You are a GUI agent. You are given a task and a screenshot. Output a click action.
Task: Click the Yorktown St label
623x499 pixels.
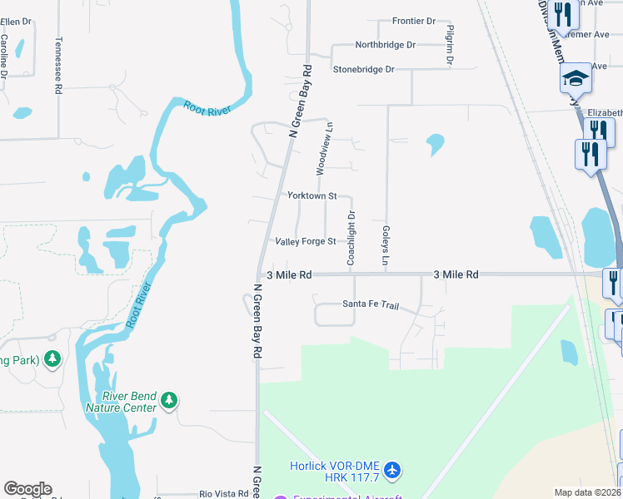pyautogui.click(x=311, y=196)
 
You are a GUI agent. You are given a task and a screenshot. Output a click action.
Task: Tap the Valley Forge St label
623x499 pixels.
pyautogui.click(x=306, y=242)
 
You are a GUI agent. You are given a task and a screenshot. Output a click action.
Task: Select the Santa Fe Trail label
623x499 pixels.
pyautogui.click(x=371, y=304)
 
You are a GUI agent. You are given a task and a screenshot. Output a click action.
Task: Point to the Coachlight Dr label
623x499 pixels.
pyautogui.click(x=351, y=239)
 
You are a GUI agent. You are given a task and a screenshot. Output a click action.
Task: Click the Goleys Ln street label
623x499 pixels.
pyautogui.click(x=386, y=246)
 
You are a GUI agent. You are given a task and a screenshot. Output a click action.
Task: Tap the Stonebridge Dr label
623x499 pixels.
pyautogui.click(x=363, y=70)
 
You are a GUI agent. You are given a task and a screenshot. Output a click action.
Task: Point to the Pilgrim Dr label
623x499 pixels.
pyautogui.click(x=450, y=45)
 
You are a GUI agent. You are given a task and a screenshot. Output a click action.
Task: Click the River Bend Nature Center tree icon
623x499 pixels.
pyautogui.click(x=169, y=400)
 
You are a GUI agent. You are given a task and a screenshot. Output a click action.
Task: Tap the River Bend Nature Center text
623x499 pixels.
pyautogui.click(x=121, y=402)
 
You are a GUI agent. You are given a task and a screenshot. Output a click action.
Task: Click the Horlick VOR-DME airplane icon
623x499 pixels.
pyautogui.click(x=393, y=472)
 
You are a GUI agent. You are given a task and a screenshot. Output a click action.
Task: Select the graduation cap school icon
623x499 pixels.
pyautogui.click(x=575, y=79)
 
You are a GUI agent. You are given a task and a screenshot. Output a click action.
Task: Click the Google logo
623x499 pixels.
pyautogui.click(x=27, y=489)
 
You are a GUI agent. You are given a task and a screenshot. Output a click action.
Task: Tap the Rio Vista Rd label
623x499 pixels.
pyautogui.click(x=224, y=494)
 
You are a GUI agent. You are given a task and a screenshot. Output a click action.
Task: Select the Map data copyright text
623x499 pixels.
pyautogui.click(x=587, y=492)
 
